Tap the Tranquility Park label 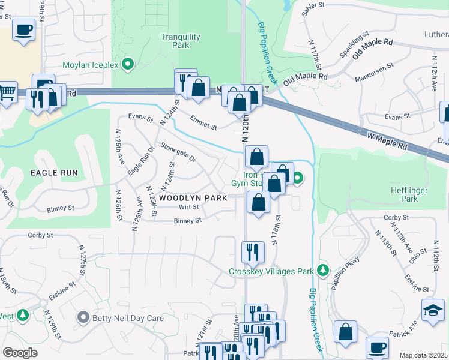tap(180, 41)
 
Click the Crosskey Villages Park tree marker tap(323, 271)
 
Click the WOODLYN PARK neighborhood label tap(193, 197)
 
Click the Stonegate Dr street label tap(178, 152)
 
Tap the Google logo tap(20, 353)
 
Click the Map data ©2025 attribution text tap(423, 355)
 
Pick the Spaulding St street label tap(353, 46)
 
